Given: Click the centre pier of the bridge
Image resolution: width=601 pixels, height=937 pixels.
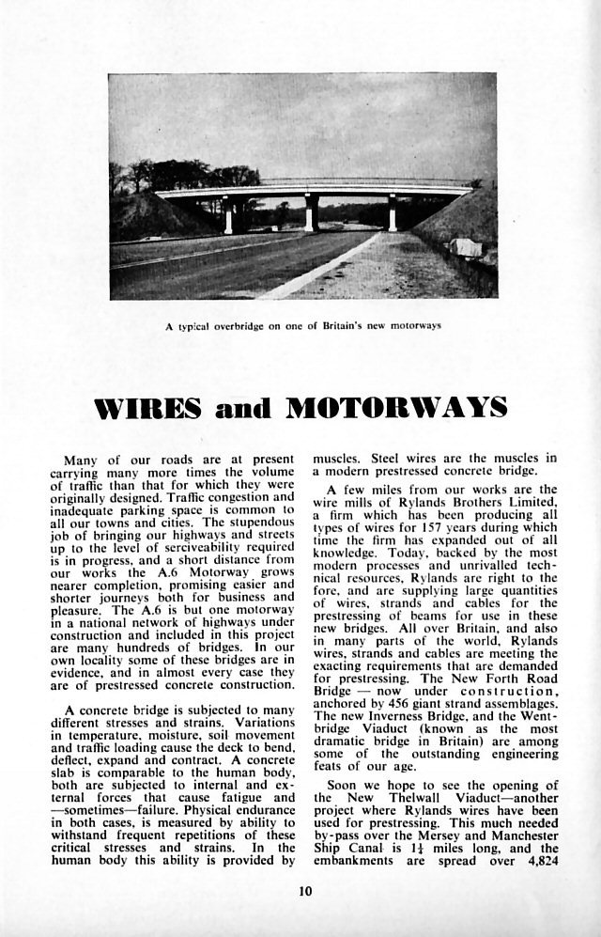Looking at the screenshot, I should pos(311,211).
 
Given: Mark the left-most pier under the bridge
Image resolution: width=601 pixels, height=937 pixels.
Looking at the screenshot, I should pos(228,215).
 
